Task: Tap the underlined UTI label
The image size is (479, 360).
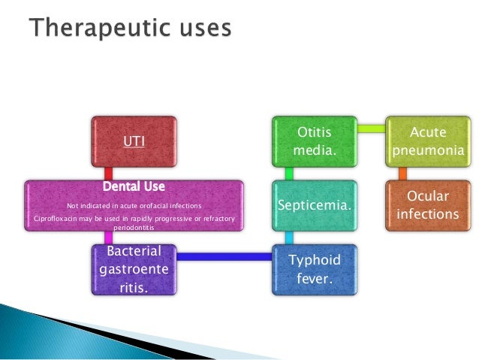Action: pyautogui.click(x=134, y=141)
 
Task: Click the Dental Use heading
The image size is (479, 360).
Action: pyautogui.click(x=134, y=185)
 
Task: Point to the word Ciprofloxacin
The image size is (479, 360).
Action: pyautogui.click(x=59, y=219)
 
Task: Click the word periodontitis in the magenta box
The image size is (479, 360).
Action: pyautogui.click(x=134, y=226)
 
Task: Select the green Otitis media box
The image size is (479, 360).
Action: pyautogui.click(x=316, y=141)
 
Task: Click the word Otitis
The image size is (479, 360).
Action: pyautogui.click(x=316, y=132)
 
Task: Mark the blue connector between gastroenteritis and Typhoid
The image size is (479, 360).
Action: pyautogui.click(x=224, y=257)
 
